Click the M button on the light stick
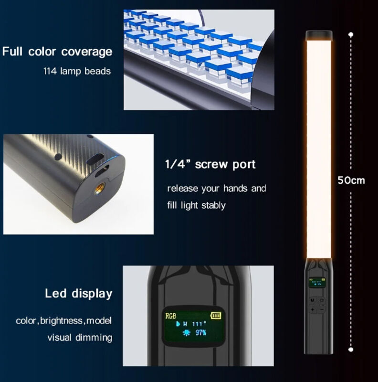click(313, 300)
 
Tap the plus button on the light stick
click(313, 309)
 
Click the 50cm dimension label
click(351, 180)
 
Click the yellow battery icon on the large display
click(216, 316)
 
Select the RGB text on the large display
click(171, 316)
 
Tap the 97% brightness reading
click(200, 332)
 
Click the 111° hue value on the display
click(199, 324)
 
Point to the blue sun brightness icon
click(187, 333)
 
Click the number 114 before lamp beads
click(50, 71)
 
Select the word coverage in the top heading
click(87, 52)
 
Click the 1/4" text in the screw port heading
click(178, 164)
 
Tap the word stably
click(214, 205)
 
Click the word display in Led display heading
click(92, 294)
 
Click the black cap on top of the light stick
click(319, 35)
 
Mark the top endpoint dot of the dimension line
click(351, 34)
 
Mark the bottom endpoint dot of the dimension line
click(351, 350)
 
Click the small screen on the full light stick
click(317, 283)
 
